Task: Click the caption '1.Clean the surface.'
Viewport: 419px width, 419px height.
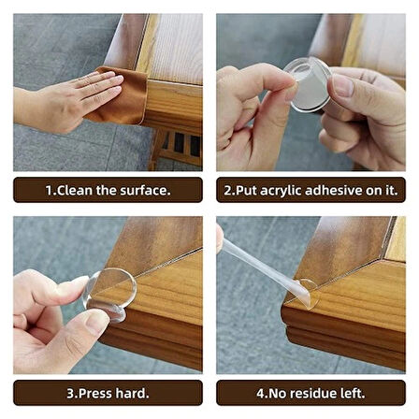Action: [x=108, y=190]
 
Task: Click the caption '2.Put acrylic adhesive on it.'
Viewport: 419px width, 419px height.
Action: [x=311, y=190]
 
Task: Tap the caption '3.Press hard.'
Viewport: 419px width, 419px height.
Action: [x=108, y=393]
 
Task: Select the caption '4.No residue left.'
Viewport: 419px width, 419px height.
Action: [x=311, y=393]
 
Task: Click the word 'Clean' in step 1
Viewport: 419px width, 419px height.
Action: [x=79, y=190]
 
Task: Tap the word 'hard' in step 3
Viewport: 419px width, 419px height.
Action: [x=132, y=393]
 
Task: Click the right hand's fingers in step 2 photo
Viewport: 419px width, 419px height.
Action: [x=360, y=103]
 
